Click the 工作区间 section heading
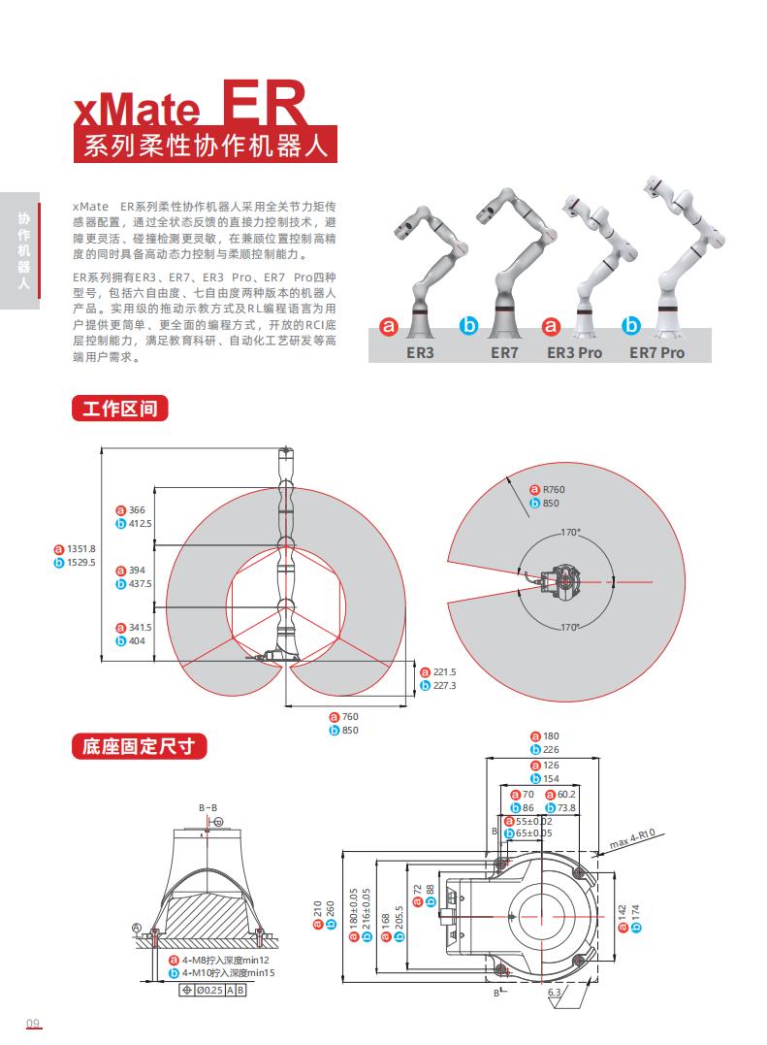point(119,408)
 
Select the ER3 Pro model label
point(574,352)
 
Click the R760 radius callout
point(554,490)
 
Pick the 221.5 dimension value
point(445,671)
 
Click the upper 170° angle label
point(570,533)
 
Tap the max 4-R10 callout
point(633,837)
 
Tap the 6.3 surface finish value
point(554,994)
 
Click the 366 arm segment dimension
point(137,510)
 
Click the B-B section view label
point(208,807)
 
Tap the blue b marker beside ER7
point(468,328)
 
